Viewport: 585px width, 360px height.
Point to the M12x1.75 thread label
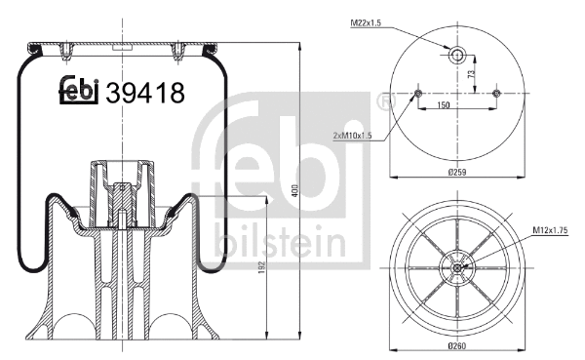point(552,230)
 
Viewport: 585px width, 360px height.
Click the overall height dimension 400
point(294,192)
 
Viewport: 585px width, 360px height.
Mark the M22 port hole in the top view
point(455,55)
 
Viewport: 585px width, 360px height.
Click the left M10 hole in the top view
point(416,94)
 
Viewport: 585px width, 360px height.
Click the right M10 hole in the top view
point(495,94)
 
